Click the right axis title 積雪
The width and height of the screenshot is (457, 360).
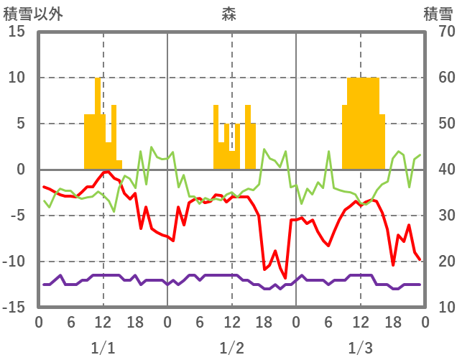(x=438, y=14)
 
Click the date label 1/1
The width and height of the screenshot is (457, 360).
(x=103, y=349)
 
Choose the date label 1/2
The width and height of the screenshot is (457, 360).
(x=231, y=349)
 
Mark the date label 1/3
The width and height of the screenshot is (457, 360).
(x=360, y=349)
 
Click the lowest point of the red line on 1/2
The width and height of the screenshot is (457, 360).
(x=285, y=277)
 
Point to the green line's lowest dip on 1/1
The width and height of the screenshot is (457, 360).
(x=114, y=211)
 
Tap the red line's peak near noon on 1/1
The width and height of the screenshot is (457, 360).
(x=107, y=172)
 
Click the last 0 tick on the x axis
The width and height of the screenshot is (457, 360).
(x=425, y=321)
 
